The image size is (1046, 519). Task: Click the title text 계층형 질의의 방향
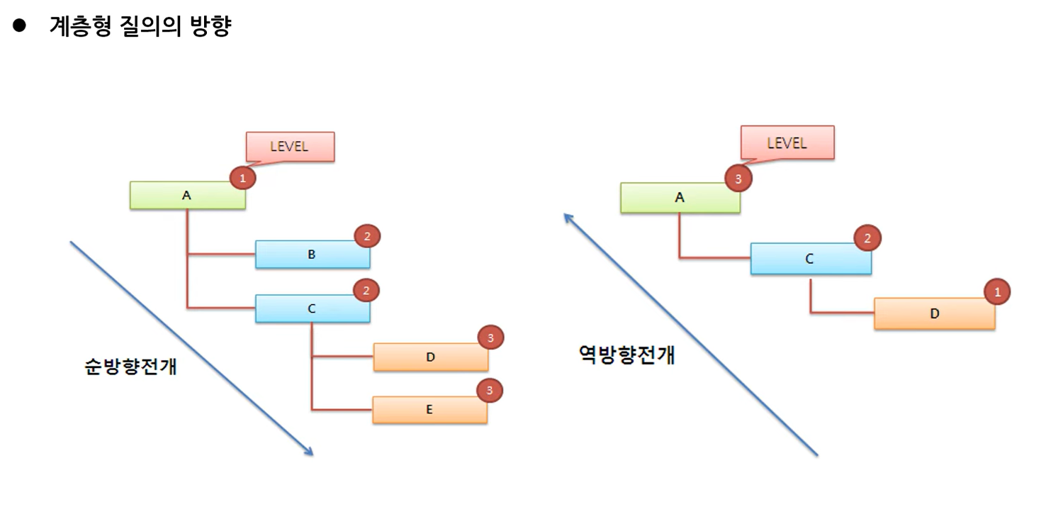coord(140,27)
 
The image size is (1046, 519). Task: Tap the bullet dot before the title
coord(19,27)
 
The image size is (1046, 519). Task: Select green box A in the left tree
coord(187,196)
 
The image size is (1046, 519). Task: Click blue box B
coord(312,255)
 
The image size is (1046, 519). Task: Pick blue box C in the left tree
coord(312,309)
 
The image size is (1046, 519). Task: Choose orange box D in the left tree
coord(430,357)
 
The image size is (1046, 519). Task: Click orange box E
coord(429,410)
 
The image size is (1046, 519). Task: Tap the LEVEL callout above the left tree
coord(290,147)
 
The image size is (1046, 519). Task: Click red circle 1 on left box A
coord(243,179)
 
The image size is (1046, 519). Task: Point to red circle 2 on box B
coord(367,237)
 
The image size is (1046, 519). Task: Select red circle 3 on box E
coord(489,391)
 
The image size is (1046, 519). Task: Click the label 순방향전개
coord(130,368)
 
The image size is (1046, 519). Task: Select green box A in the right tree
coord(680,198)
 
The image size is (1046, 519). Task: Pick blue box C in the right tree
coord(810,259)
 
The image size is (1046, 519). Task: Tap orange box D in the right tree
coord(934,313)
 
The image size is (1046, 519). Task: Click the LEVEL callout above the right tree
coord(787,143)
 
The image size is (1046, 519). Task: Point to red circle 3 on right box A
coord(738,179)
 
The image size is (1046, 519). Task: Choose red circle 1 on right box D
coord(998,291)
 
